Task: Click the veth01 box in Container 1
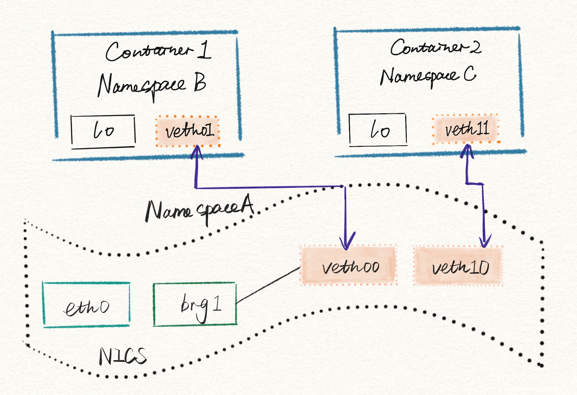188,131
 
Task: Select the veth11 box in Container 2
466,129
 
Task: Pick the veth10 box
458,266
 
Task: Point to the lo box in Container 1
103,131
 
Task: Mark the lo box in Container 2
378,130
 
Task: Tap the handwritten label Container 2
435,47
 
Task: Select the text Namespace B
152,85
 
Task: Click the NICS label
122,356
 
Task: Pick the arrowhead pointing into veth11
467,150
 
